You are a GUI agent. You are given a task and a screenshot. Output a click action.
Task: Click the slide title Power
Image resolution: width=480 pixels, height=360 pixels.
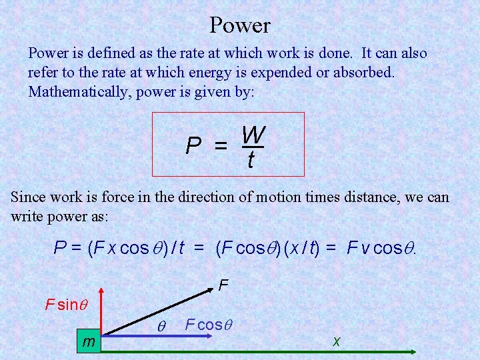pyautogui.click(x=239, y=25)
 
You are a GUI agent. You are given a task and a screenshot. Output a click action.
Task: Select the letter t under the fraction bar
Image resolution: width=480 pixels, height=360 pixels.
pyautogui.click(x=249, y=160)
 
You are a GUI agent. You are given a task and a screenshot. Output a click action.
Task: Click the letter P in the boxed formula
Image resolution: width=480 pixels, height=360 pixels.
pyautogui.click(x=194, y=145)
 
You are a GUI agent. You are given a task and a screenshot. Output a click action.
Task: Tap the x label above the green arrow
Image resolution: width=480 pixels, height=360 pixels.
pyautogui.click(x=336, y=341)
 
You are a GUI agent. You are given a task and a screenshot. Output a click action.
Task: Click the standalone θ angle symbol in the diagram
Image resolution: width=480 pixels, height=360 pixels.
pyautogui.click(x=160, y=326)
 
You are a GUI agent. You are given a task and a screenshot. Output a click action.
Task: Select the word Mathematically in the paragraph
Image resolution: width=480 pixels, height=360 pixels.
pyautogui.click(x=79, y=91)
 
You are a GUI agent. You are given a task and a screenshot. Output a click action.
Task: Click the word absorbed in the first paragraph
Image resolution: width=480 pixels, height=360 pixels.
pyautogui.click(x=366, y=72)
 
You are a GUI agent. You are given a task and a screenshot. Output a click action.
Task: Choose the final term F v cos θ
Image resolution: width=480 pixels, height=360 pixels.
pyautogui.click(x=383, y=249)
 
